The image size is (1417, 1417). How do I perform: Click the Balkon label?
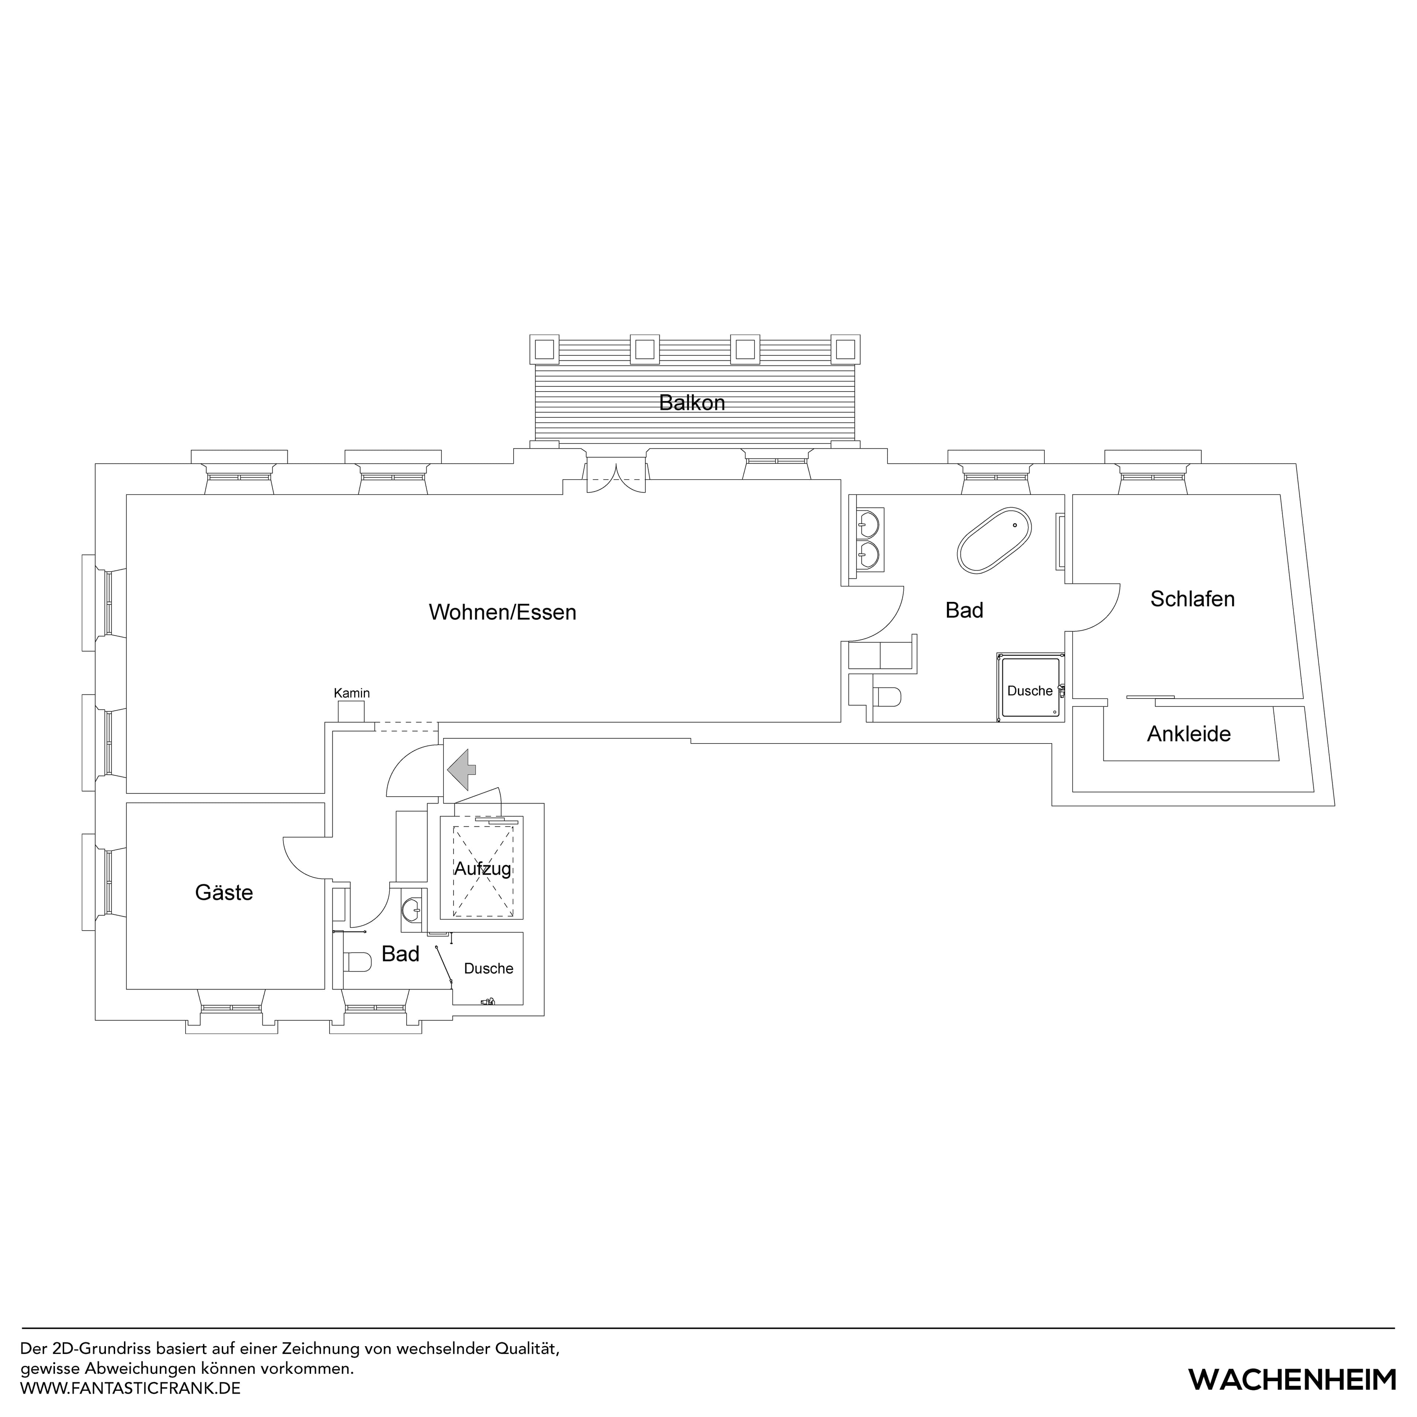point(692,403)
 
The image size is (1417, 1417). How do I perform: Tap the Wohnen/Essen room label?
point(502,612)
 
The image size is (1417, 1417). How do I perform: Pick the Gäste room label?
point(224,893)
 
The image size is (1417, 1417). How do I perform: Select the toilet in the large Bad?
point(887,697)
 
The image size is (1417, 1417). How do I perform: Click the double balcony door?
point(616,477)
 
